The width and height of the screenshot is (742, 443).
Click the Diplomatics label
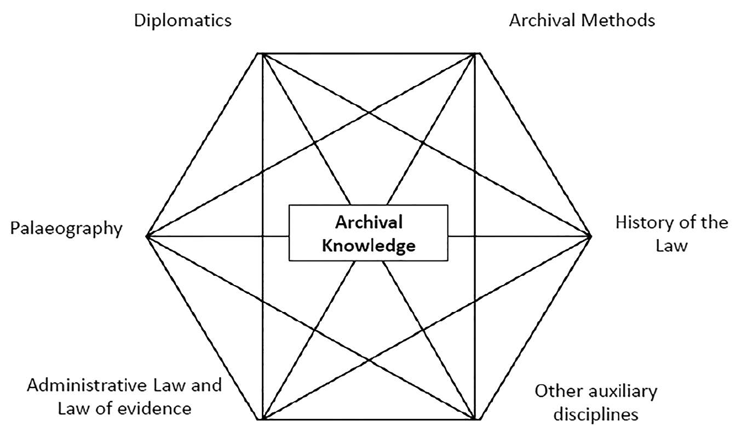183,21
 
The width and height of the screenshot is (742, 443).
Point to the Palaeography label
66,228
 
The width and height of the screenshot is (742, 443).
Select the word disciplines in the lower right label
596,414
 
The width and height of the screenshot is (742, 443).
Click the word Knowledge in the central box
369,246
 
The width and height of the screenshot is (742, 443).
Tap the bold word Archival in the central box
369,222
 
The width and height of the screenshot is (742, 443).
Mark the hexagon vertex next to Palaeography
147,236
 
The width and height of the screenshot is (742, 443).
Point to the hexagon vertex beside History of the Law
591,236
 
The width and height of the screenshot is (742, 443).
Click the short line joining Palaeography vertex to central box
219,236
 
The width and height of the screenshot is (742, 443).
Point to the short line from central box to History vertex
519,236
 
